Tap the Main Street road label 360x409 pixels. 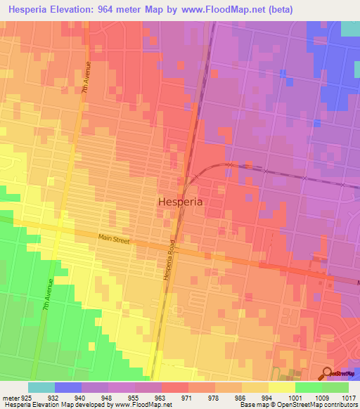click(x=114, y=239)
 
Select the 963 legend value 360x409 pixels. click(x=162, y=397)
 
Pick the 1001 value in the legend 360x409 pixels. click(x=295, y=397)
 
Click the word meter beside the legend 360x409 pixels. click(x=10, y=397)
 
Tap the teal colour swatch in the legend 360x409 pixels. click(x=41, y=387)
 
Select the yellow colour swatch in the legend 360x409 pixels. click(x=281, y=387)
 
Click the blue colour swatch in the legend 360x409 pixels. click(x=68, y=387)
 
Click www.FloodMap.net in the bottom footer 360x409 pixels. click(x=145, y=405)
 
